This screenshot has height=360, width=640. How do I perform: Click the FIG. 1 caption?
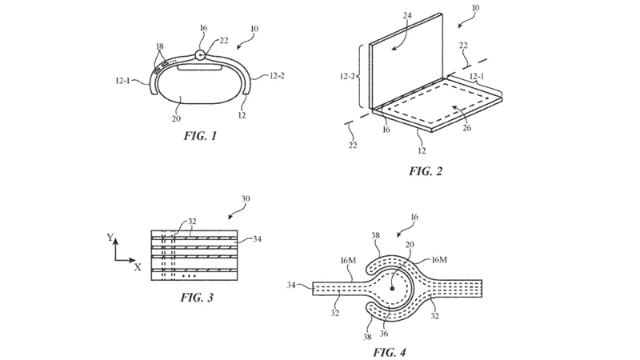click(x=200, y=135)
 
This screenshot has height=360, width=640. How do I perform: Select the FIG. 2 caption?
click(x=426, y=171)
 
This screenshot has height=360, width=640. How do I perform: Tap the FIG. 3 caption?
click(x=197, y=297)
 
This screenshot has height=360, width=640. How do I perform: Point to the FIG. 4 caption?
click(x=390, y=352)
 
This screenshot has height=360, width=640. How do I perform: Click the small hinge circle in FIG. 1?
click(x=200, y=54)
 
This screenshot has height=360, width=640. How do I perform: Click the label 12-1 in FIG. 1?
click(x=123, y=81)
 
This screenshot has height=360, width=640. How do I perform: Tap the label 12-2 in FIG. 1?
click(x=277, y=75)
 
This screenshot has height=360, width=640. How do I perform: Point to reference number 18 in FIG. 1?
click(x=160, y=48)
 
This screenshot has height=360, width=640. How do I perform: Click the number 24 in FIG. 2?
click(x=407, y=15)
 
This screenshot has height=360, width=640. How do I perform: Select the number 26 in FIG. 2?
click(x=467, y=128)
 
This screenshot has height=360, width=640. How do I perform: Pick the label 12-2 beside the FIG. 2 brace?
click(x=347, y=76)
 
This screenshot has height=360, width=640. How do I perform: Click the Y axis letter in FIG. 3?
click(x=110, y=237)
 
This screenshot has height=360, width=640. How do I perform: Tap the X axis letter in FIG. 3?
click(x=138, y=267)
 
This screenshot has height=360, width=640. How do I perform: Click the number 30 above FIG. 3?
click(x=246, y=198)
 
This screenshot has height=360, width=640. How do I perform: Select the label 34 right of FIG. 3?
click(x=257, y=238)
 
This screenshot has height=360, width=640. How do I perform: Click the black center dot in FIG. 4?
click(x=392, y=289)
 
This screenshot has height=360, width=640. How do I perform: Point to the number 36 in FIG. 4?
click(x=384, y=333)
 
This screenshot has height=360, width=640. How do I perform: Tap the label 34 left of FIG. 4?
click(x=291, y=285)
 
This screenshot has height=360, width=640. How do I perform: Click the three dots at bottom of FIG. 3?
click(x=189, y=276)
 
